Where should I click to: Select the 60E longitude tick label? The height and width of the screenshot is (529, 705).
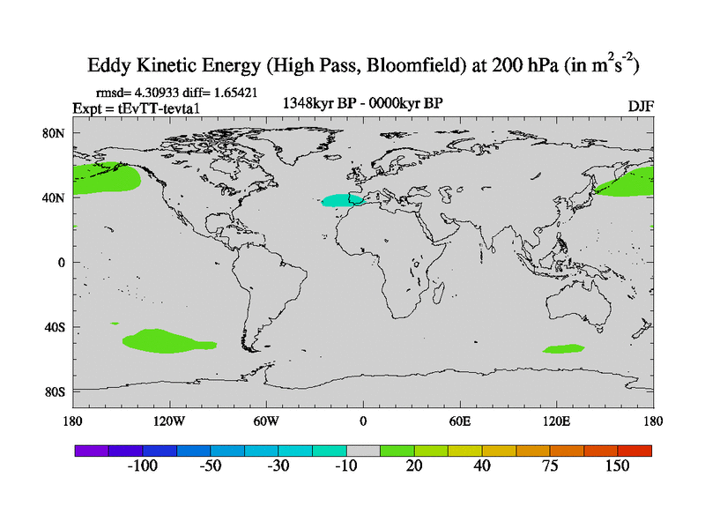(x=460, y=420)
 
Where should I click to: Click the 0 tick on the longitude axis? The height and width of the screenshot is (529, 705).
(x=363, y=420)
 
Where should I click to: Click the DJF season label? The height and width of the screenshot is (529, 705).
(x=641, y=106)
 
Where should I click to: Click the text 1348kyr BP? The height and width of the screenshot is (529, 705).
(x=315, y=103)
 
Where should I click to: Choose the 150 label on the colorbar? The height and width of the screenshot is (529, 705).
(x=616, y=466)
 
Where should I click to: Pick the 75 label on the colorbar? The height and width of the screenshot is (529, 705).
(x=549, y=466)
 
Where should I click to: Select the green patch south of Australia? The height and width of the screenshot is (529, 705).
(x=563, y=349)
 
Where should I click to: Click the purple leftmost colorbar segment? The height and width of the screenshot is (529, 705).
(x=91, y=450)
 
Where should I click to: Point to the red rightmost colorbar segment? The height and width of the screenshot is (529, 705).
(x=634, y=450)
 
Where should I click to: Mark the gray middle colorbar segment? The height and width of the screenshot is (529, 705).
(x=363, y=450)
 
